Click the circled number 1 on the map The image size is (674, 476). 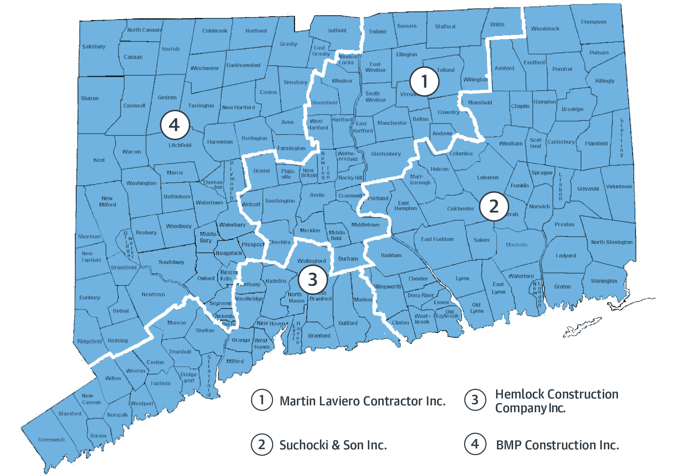click(x=424, y=81)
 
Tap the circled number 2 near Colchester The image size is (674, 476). click(x=494, y=206)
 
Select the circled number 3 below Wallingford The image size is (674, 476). click(x=313, y=279)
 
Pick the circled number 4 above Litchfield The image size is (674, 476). click(x=175, y=125)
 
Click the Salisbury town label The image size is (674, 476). click(x=94, y=46)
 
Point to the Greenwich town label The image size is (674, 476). click(x=51, y=439)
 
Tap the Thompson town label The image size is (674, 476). click(x=593, y=22)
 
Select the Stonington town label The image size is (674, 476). click(x=604, y=281)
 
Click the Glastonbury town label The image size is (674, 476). click(x=386, y=154)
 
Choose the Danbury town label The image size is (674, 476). click(x=90, y=297)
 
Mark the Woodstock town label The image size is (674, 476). click(x=545, y=29)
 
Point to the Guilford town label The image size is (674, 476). click(x=348, y=323)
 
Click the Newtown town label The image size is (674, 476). click(x=153, y=294)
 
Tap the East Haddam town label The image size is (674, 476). click(x=437, y=239)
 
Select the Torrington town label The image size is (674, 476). click(x=201, y=106)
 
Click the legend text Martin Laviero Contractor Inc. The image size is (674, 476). click(x=362, y=401)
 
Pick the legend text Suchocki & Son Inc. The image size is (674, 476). click(x=333, y=445)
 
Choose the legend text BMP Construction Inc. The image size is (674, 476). click(x=557, y=445)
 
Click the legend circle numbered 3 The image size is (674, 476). click(x=475, y=400)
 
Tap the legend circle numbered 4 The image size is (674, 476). click(x=475, y=444)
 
